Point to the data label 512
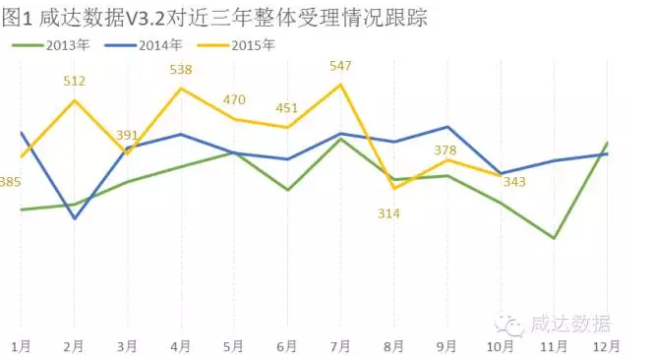click(75, 82)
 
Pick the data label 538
click(181, 70)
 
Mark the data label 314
click(389, 213)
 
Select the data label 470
click(235, 100)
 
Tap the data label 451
click(287, 108)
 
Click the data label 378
click(446, 150)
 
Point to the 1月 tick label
click(21, 346)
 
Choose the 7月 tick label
click(340, 346)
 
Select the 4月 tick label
click(180, 346)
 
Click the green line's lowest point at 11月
click(555, 238)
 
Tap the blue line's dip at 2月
click(75, 217)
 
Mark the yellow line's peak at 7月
click(341, 85)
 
